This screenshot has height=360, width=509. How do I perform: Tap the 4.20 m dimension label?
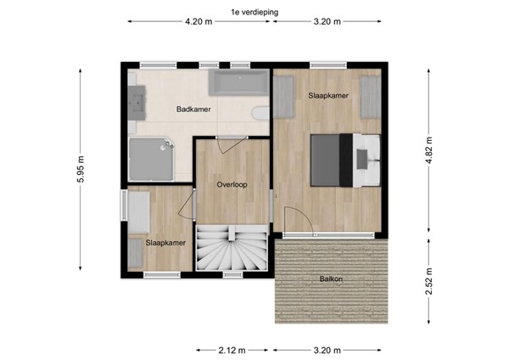click(199, 23)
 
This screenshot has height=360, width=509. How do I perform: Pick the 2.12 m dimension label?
click(232, 349)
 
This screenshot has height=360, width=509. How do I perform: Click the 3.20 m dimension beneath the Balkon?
click(327, 349)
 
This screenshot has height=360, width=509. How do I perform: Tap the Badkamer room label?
click(193, 110)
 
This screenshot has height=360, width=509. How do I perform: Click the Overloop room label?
click(231, 183)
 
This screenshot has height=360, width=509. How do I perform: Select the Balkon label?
click(331, 278)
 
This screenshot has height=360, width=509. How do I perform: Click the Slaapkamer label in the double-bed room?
click(327, 96)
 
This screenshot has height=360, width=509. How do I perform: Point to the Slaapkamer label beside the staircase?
click(165, 243)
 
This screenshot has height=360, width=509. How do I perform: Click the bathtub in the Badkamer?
click(239, 83)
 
